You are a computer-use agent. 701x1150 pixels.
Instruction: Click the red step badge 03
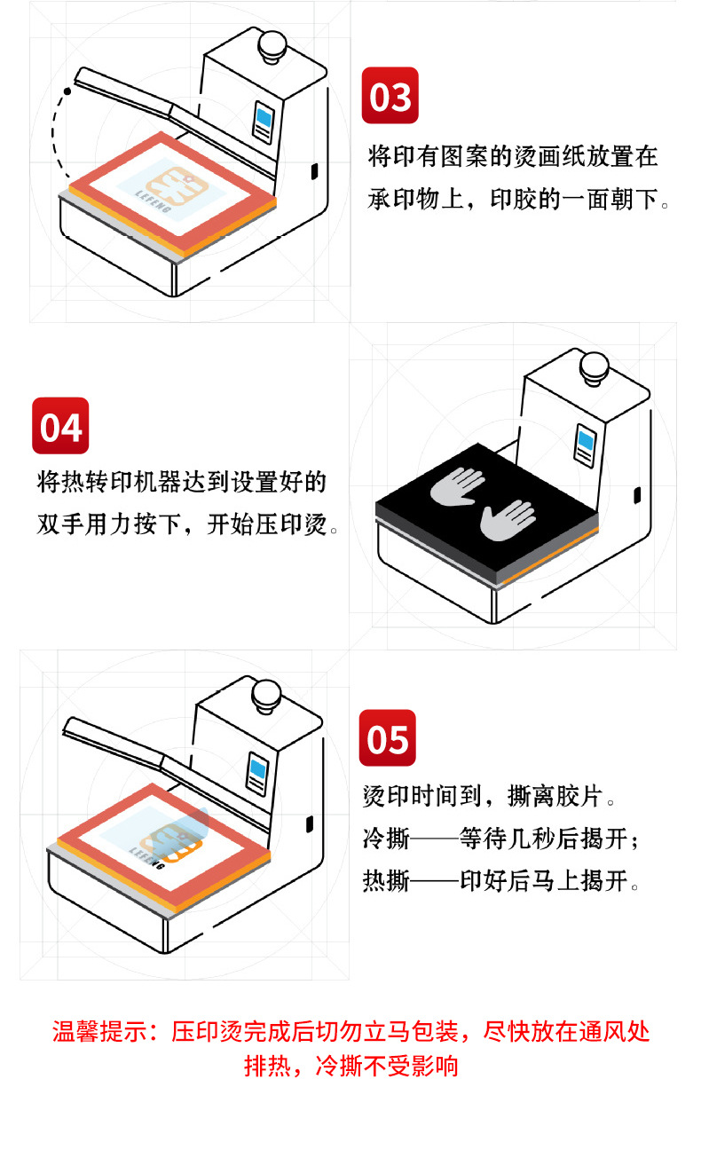click(390, 96)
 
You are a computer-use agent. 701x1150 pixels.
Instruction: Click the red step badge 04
click(60, 426)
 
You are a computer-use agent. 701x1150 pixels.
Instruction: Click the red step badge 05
click(387, 737)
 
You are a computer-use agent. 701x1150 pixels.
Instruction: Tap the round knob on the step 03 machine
click(272, 46)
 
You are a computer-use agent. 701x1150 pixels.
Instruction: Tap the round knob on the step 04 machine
click(595, 367)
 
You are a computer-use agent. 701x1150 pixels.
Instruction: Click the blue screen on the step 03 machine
click(264, 118)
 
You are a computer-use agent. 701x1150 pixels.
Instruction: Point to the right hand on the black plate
click(508, 521)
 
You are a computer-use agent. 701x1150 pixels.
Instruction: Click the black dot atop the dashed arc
click(67, 91)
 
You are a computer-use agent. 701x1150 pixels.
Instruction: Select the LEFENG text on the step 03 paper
click(153, 201)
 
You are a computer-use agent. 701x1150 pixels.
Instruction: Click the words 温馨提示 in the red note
click(99, 1031)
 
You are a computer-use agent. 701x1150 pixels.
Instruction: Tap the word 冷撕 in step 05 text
click(386, 839)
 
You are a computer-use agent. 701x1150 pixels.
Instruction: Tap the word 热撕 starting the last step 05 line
click(386, 881)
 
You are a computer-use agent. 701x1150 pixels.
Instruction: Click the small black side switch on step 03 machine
click(314, 171)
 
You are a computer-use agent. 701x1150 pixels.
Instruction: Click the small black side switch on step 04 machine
click(637, 495)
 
